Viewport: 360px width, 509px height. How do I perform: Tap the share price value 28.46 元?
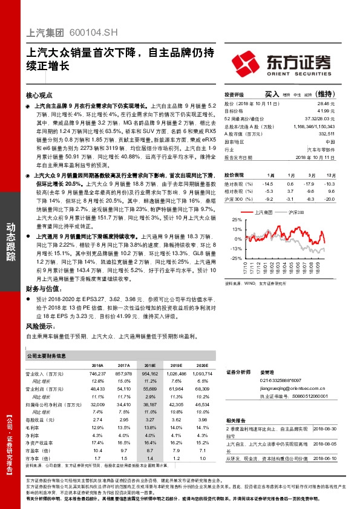point(327,105)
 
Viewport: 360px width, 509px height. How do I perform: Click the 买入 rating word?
point(272,94)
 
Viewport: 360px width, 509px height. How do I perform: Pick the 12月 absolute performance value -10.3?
point(329,183)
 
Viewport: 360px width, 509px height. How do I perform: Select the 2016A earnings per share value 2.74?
point(97,419)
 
